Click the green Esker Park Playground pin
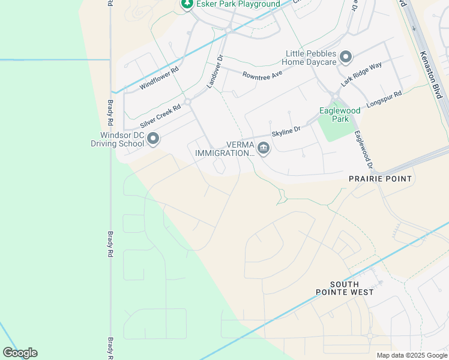pyautogui.click(x=187, y=4)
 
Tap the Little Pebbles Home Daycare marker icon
pyautogui.click(x=345, y=58)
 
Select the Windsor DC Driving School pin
pyautogui.click(x=153, y=139)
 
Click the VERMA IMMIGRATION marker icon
pyautogui.click(x=263, y=148)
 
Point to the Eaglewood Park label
pyautogui.click(x=335, y=115)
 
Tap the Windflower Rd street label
pyautogui.click(x=159, y=78)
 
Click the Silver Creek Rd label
pyautogui.click(x=160, y=116)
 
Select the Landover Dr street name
pyautogui.click(x=214, y=73)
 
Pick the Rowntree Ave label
pyautogui.click(x=262, y=75)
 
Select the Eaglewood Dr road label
pyautogui.click(x=363, y=149)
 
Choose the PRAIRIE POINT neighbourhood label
pyautogui.click(x=381, y=179)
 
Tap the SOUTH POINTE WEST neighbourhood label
pyautogui.click(x=345, y=288)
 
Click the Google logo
pyautogui.click(x=20, y=353)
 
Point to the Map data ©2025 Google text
pyautogui.click(x=412, y=355)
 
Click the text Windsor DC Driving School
pyautogui.click(x=118, y=139)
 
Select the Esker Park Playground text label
pyautogui.click(x=238, y=4)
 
